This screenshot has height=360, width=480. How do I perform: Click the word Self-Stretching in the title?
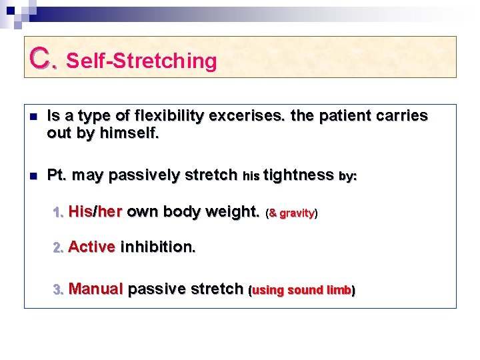142,61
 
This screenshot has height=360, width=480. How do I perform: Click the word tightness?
298,175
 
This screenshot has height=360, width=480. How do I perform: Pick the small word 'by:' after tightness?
347,177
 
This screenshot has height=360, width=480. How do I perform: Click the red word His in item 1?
80,212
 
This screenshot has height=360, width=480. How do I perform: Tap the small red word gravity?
297,214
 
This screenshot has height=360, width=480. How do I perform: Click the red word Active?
91,247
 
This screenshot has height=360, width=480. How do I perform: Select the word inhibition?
158,247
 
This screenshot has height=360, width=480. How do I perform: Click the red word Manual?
95,289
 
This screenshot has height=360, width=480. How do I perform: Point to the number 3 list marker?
58,290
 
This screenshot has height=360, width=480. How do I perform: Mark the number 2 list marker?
58,248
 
